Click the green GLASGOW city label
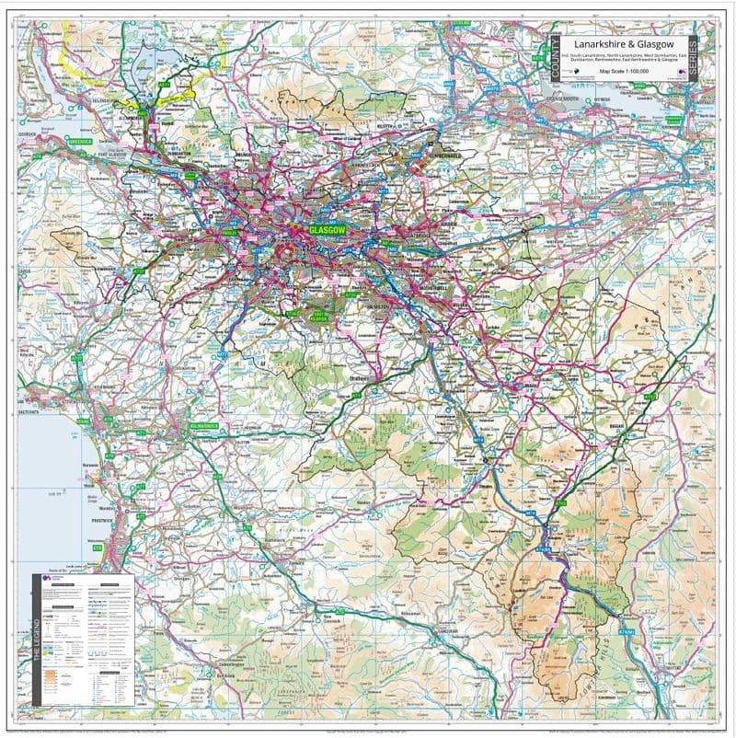[326, 230]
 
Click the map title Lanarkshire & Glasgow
[624, 43]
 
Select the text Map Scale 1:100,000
[624, 70]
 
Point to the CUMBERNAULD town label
[445, 156]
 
